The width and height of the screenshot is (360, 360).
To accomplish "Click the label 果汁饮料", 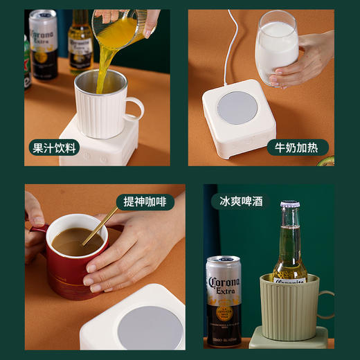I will pos(55,147).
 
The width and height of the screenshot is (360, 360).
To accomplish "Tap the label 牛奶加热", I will pos(298,147).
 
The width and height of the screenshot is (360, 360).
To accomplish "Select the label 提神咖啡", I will pos(145,201).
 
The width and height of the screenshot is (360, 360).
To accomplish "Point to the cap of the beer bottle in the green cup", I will pos(289,206).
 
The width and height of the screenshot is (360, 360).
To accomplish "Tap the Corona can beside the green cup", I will pos(224,298).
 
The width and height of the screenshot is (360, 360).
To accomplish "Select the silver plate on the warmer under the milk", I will pos(238,107).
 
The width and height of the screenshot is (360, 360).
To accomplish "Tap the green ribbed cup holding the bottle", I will pos(289,307).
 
